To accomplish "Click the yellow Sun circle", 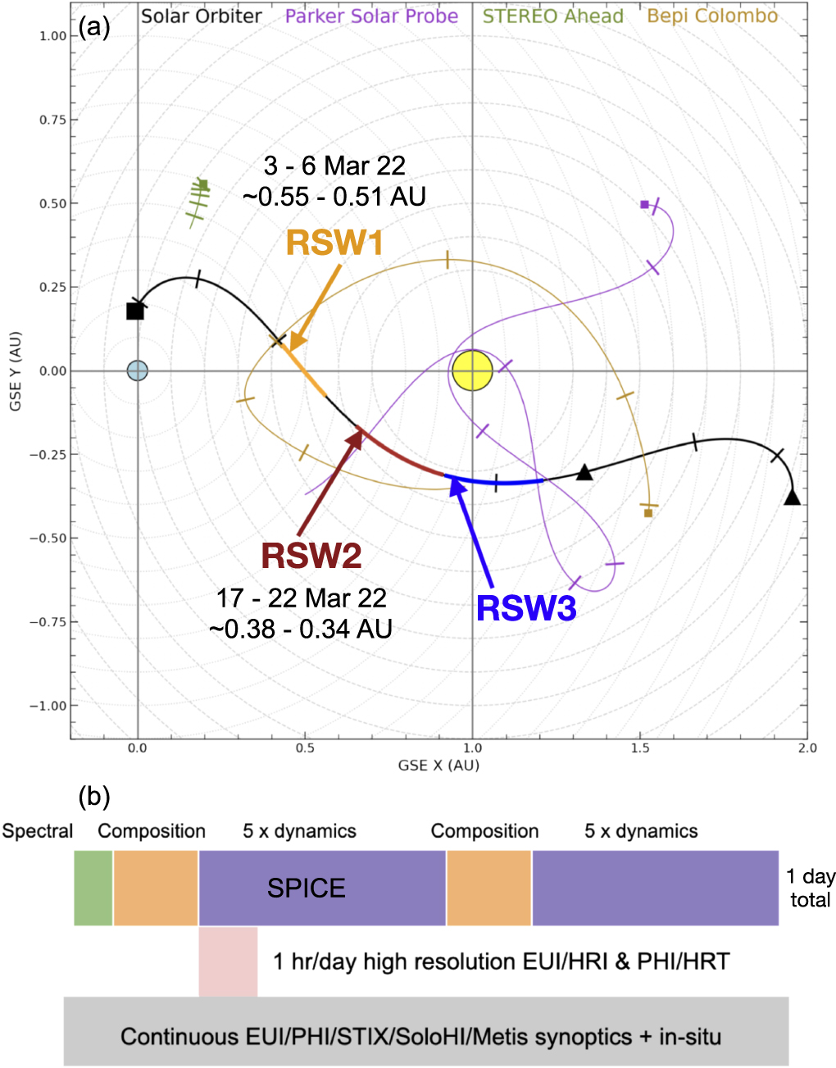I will click(472, 370).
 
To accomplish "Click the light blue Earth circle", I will click(138, 370).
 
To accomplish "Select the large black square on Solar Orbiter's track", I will click(135, 311).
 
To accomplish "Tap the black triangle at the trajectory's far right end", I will click(792, 497).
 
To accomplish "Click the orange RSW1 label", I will click(334, 243).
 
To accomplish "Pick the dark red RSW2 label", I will click(311, 556).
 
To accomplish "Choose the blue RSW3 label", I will click(526, 608).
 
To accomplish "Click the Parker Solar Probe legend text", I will click(371, 16).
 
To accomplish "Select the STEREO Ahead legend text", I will click(552, 16).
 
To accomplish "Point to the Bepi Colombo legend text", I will click(712, 16).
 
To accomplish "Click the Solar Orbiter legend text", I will click(202, 16).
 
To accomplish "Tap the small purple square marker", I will click(644, 204).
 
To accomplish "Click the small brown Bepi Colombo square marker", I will click(648, 513).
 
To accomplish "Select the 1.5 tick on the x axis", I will click(640, 748).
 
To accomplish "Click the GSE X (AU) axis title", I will click(438, 766).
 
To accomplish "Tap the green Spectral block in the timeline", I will click(93, 888).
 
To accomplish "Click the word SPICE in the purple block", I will click(307, 888).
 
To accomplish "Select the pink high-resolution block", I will click(228, 961).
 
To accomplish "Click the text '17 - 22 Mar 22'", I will click(301, 598).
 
